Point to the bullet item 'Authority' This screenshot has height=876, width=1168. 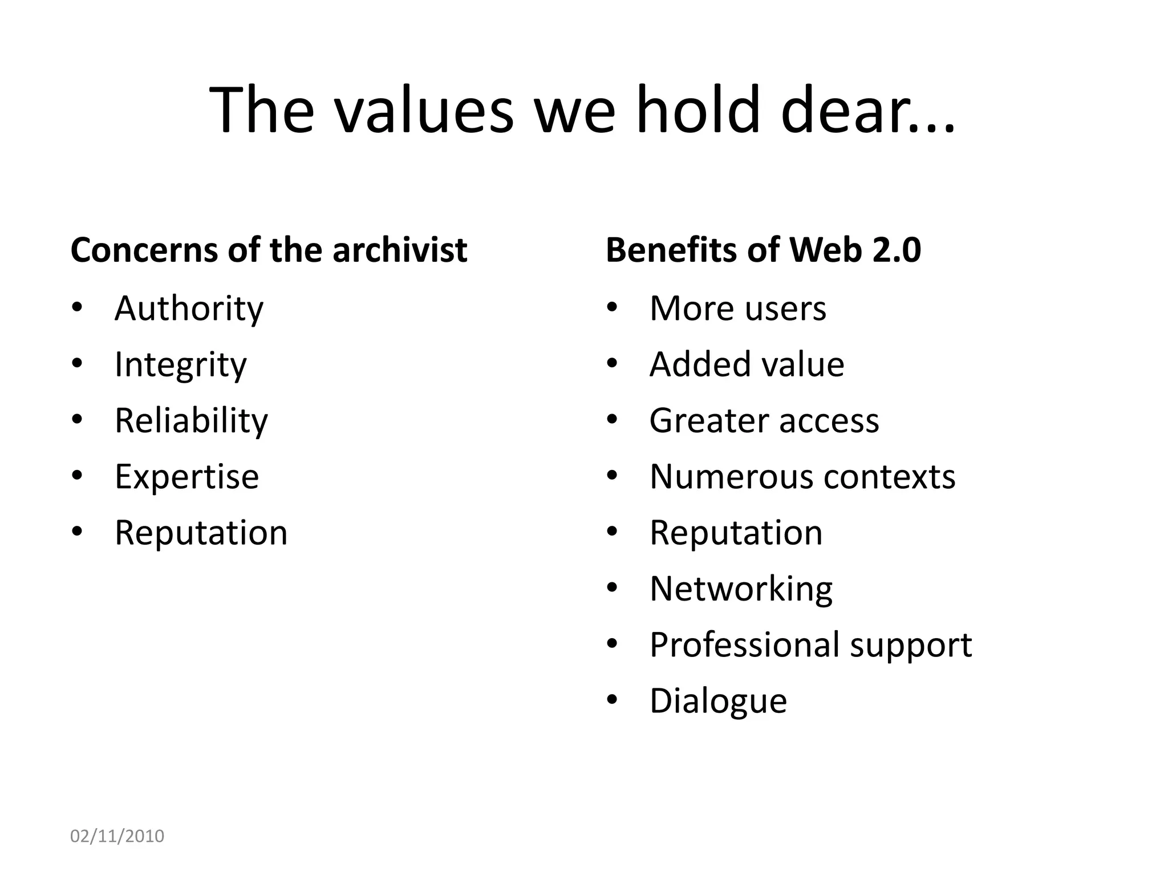(189, 309)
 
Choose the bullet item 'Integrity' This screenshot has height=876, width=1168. (180, 365)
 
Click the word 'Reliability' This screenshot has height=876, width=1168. (191, 421)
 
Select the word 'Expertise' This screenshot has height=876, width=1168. (186, 477)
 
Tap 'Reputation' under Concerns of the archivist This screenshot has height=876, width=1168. (201, 533)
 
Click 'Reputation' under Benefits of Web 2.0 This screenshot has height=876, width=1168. (736, 533)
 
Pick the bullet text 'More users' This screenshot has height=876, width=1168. (737, 309)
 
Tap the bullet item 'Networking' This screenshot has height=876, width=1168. (741, 589)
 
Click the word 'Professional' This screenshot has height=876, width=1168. (744, 645)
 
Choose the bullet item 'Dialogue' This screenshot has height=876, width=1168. (718, 701)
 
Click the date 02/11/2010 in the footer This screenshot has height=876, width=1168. (117, 836)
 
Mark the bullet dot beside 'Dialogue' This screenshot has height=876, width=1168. (613, 700)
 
